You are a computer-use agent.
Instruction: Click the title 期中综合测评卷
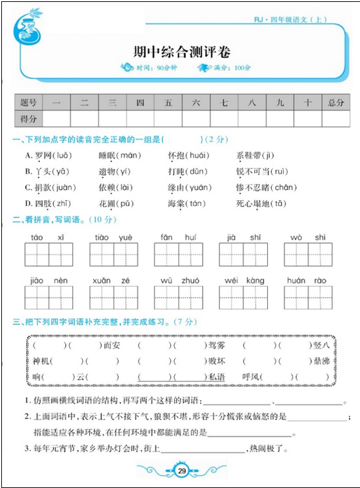point(181,52)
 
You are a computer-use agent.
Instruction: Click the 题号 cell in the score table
point(28,102)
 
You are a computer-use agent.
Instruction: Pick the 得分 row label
point(28,119)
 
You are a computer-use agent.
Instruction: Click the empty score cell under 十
point(308,119)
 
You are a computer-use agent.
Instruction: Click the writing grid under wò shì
point(308,255)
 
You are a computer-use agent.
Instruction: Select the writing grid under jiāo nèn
point(49,298)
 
